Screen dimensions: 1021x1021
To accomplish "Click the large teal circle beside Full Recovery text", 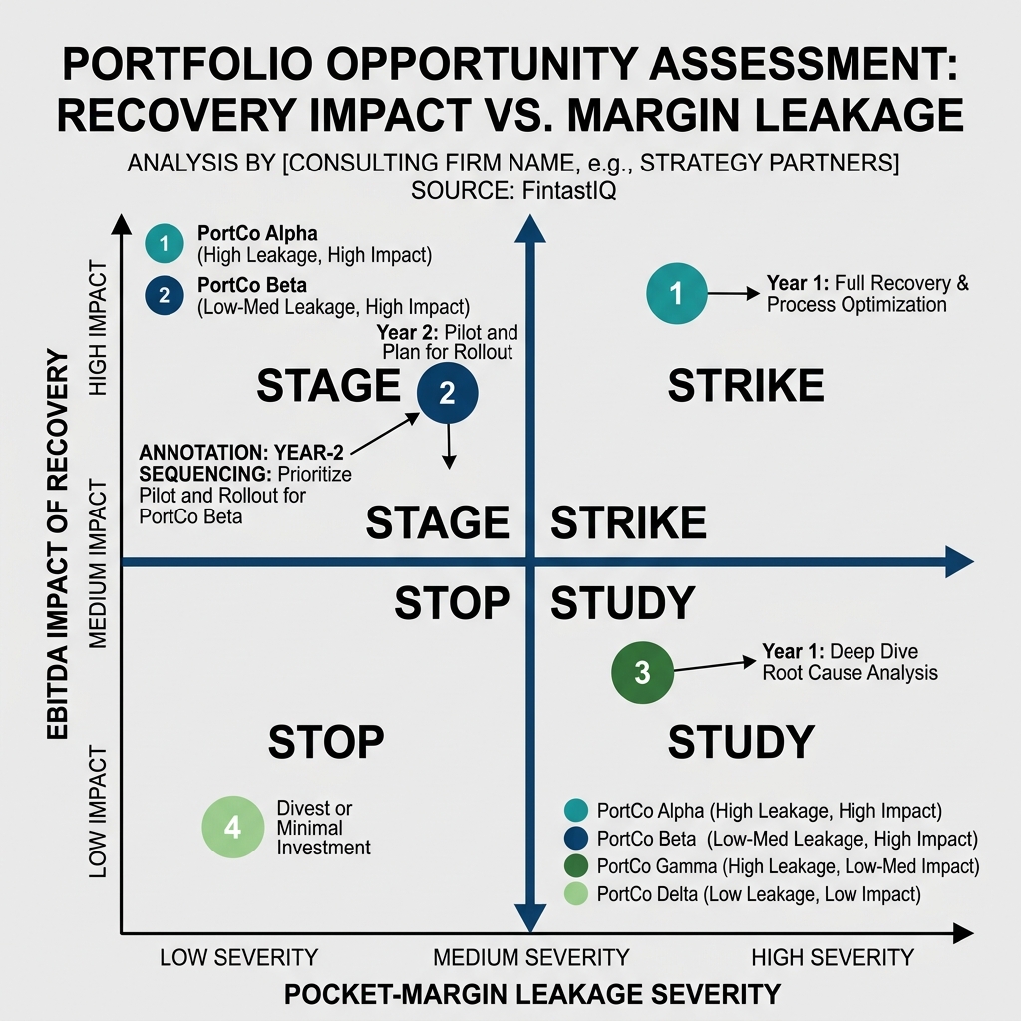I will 677,293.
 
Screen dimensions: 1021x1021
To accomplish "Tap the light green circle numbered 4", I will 232,828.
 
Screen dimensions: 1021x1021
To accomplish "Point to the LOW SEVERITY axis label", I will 238,958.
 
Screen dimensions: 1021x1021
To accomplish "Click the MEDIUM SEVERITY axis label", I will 530,958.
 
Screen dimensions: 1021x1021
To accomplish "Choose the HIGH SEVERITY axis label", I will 832,958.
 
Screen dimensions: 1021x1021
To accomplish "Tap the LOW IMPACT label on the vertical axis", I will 98,816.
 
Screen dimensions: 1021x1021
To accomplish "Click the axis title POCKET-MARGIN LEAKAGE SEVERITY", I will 530,994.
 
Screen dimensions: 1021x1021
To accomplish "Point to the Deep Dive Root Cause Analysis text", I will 850,662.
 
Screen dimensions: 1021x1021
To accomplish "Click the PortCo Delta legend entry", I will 758,894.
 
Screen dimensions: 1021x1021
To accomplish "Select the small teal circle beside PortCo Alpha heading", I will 165,243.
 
